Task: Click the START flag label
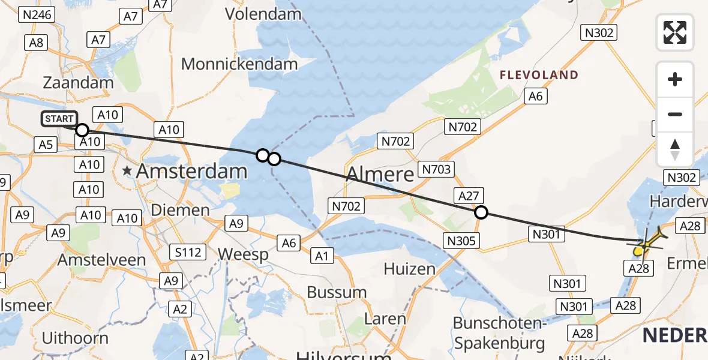[59, 119]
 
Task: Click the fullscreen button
[675, 32]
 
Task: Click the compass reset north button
[675, 149]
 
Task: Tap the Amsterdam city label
[191, 171]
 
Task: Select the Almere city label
[380, 175]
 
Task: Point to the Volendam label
[263, 13]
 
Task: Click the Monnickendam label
[239, 64]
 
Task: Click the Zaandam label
[78, 83]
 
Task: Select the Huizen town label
[410, 268]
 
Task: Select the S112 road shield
[187, 252]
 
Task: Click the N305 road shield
[461, 241]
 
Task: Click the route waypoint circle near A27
[481, 212]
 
